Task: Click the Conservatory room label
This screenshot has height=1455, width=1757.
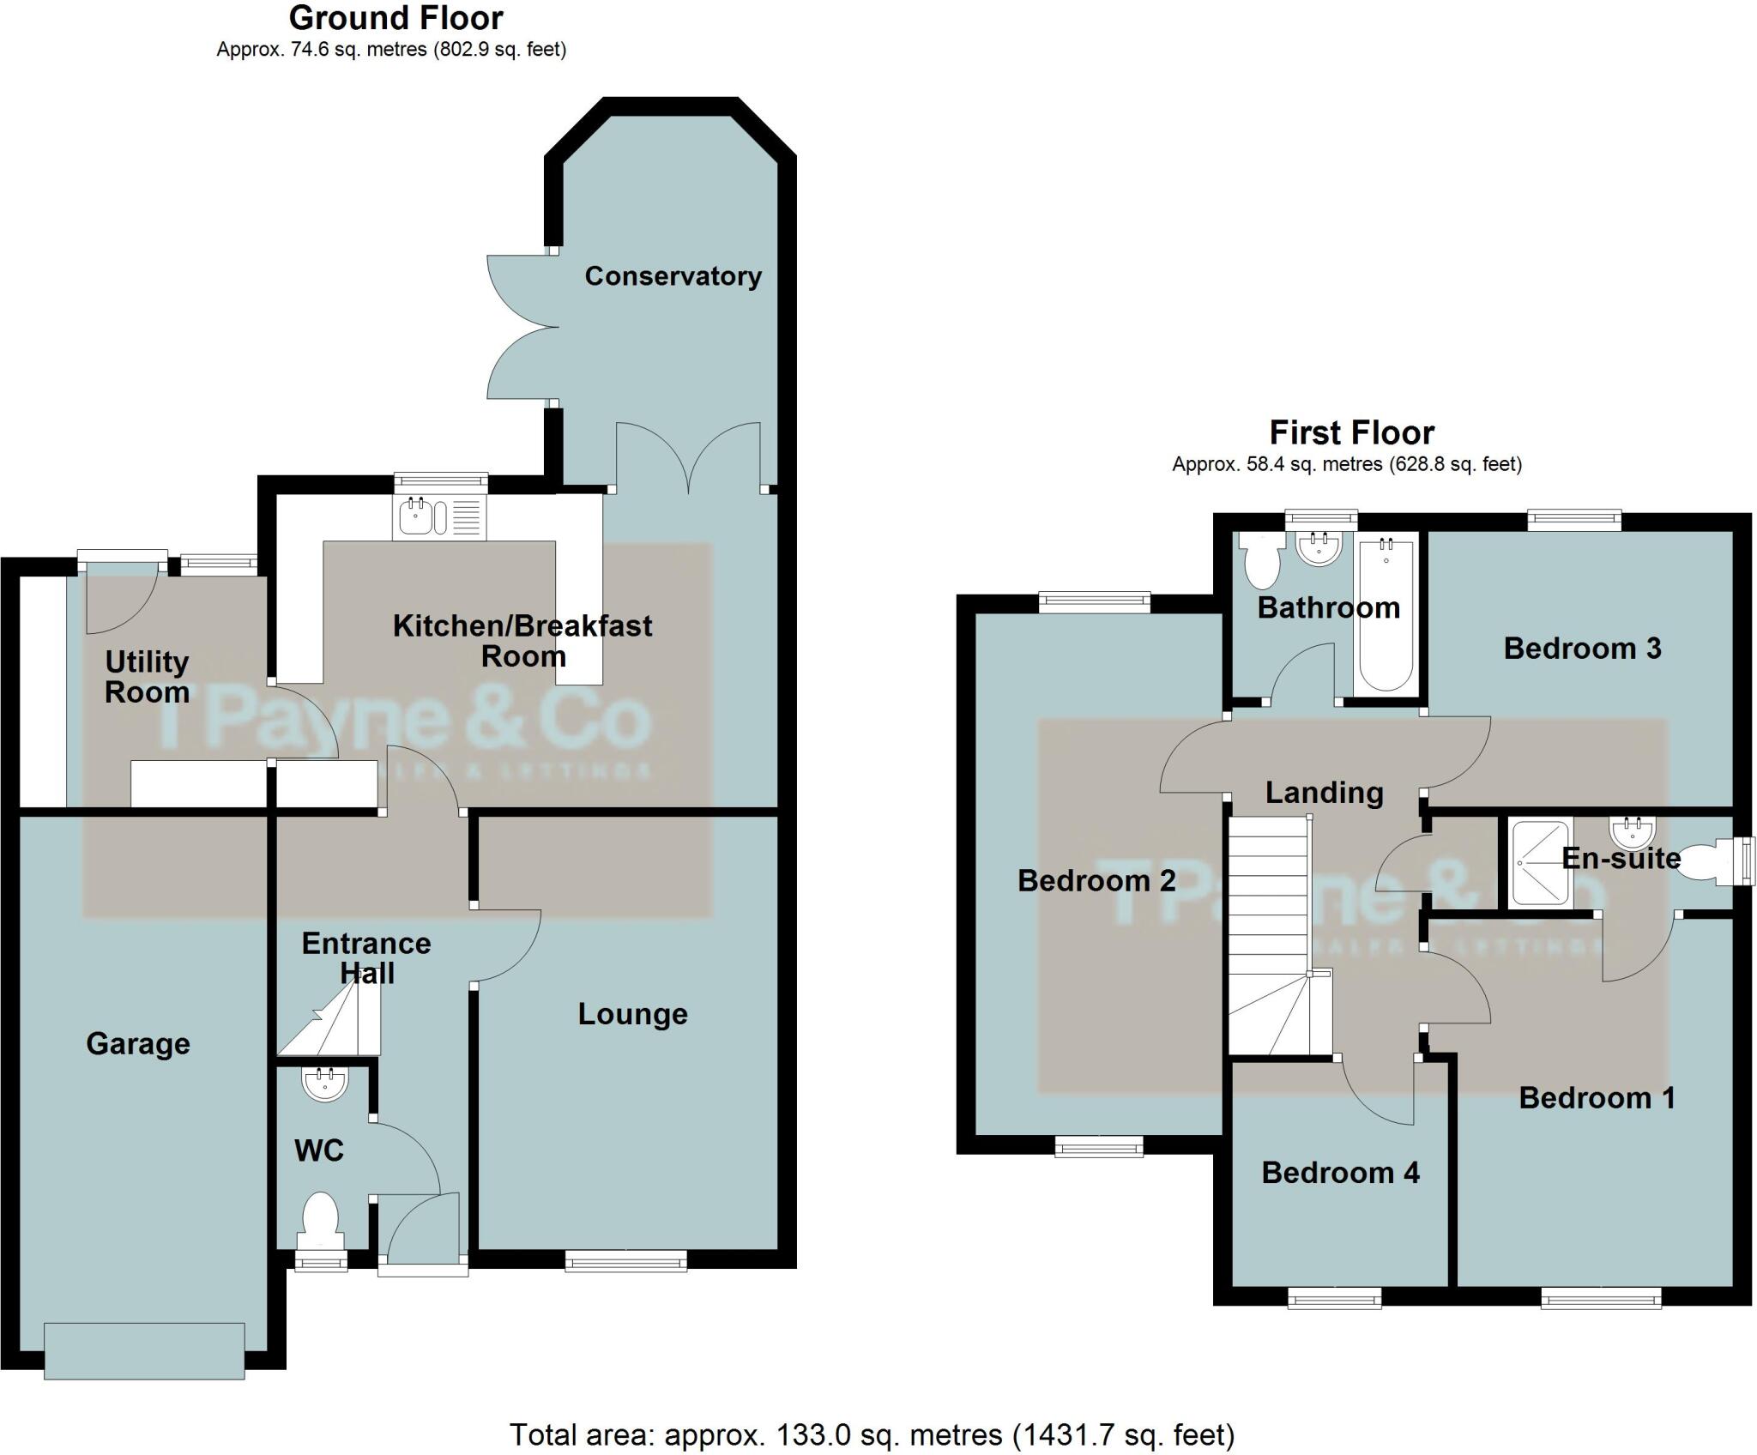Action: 673,276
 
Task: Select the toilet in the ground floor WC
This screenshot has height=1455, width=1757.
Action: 321,1219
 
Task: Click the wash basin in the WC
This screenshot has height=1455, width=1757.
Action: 325,1084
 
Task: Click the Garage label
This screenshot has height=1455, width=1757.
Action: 137,1044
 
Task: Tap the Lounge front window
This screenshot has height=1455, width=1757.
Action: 625,1259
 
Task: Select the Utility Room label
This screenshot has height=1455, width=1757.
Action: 147,677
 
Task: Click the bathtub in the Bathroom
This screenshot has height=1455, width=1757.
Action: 1386,613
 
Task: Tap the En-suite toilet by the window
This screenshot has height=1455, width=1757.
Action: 1707,861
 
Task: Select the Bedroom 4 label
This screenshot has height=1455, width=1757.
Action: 1340,1173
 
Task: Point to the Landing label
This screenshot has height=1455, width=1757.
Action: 1324,793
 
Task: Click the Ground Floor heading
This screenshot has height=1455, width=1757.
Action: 395,18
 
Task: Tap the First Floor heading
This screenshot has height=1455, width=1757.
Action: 1351,432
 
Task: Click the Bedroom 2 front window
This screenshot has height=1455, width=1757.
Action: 1099,1146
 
